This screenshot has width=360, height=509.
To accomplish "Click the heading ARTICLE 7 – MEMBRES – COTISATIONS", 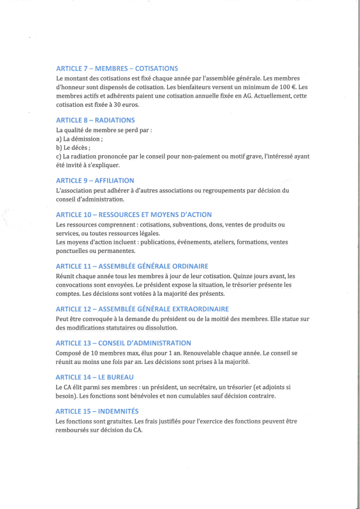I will click(x=117, y=68).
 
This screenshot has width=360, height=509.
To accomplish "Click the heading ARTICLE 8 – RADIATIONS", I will click(x=95, y=120).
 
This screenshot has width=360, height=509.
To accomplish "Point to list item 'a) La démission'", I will click(x=79, y=139).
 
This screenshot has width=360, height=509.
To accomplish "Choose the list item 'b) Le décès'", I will click(x=73, y=148).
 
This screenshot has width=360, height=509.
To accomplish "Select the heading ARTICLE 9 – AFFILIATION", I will click(x=95, y=181).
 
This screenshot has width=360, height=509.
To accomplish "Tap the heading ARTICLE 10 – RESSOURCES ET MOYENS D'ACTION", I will click(x=134, y=215).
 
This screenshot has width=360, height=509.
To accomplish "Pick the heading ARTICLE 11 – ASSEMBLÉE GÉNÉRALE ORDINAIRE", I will click(x=132, y=266).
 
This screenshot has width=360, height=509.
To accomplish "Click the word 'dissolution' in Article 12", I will click(x=162, y=328).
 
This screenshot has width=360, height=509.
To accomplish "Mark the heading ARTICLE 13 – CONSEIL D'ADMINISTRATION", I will click(x=123, y=343).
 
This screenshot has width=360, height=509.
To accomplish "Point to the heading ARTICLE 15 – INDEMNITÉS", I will click(x=97, y=411).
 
